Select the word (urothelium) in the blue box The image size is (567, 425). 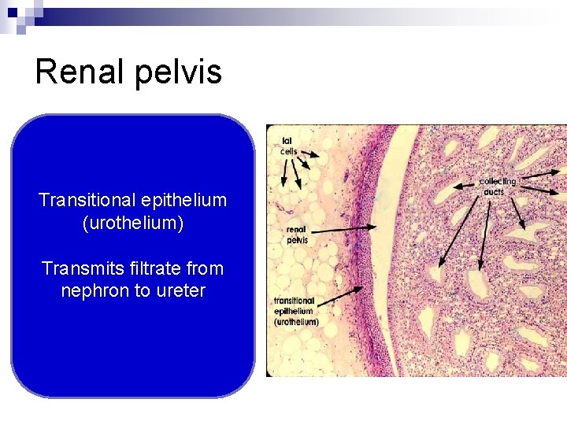pos(132,224)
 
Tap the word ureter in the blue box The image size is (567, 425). pos(180,290)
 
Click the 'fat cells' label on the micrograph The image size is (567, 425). pos(289,146)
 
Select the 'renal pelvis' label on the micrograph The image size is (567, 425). pos(297,235)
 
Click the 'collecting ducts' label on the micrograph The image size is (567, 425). pos(497,187)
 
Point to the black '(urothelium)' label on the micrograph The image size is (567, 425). pos(296,322)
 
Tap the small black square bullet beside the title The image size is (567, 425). pos(12,12)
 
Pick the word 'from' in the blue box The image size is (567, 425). pos(206,268)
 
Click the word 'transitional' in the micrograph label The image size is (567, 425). pos(294,301)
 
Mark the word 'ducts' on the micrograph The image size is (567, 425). pos(495,192)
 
